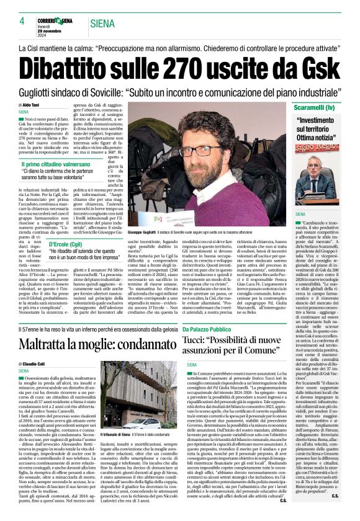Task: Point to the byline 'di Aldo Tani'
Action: click(32, 106)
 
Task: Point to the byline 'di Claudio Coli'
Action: click(34, 363)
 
